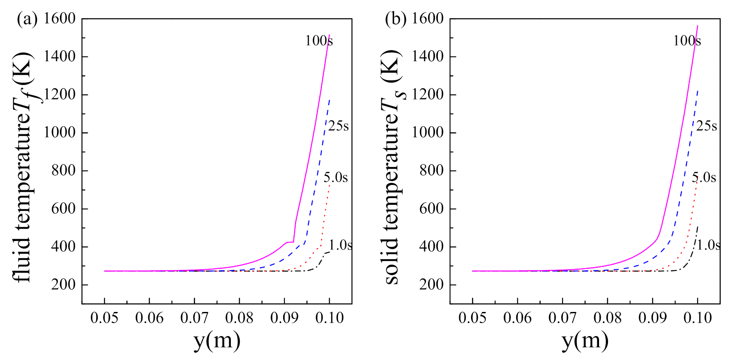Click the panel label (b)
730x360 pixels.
(395, 19)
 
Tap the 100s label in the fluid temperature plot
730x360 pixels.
(319, 41)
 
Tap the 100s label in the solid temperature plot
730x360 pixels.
(687, 41)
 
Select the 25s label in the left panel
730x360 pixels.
(338, 126)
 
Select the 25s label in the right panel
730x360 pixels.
(707, 126)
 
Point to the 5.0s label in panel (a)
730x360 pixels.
(335, 177)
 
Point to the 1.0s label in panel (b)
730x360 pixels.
(708, 245)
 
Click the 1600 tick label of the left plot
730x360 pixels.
(60, 19)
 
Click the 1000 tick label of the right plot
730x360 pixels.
(427, 132)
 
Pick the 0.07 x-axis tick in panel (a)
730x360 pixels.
(194, 317)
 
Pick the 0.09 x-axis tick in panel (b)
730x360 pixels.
(652, 317)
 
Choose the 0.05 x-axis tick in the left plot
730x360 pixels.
(104, 317)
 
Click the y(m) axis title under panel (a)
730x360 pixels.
(217, 340)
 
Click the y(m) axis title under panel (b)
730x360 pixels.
(585, 340)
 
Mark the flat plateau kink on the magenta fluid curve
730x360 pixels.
(290, 242)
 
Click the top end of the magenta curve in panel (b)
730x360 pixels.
(697, 26)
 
